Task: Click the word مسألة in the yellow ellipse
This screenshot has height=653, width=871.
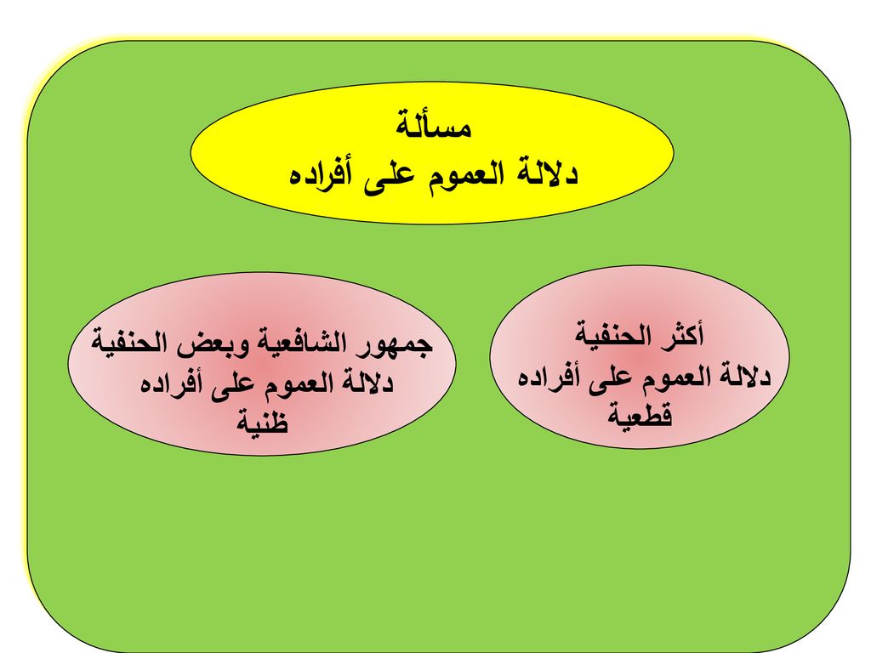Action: [434, 125]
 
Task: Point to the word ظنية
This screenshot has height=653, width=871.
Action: [263, 421]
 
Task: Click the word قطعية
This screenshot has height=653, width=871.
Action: [640, 414]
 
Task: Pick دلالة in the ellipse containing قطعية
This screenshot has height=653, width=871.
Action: [741, 376]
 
